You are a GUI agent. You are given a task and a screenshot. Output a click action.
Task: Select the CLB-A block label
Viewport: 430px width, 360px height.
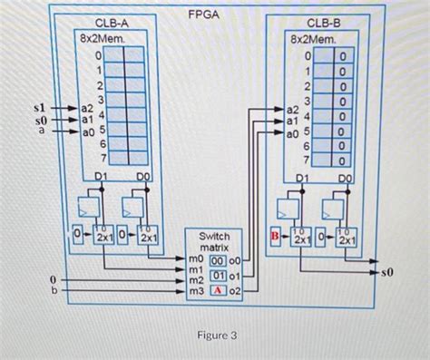click(112, 21)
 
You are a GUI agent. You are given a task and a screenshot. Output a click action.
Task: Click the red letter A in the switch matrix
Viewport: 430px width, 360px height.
click(219, 290)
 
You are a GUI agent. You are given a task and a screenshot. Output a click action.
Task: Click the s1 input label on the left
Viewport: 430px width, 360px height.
click(39, 108)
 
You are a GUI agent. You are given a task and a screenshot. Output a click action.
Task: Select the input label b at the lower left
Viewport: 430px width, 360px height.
click(54, 291)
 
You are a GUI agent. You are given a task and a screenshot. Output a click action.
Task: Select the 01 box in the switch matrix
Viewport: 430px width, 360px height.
click(219, 276)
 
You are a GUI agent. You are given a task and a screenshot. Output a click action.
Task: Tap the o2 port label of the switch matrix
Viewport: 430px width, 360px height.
click(234, 290)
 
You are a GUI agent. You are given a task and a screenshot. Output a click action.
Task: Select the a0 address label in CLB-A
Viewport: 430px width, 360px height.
click(87, 131)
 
